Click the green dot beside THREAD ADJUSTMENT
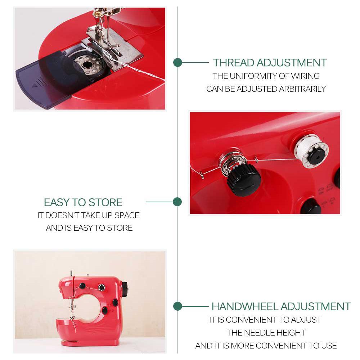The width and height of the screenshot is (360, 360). [177, 63]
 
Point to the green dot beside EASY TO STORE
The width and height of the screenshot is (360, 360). [177, 202]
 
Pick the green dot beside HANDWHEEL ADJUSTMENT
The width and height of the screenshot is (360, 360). [177, 306]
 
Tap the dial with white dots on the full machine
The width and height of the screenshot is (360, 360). [102, 288]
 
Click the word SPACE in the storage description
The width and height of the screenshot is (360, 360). [127, 215]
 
